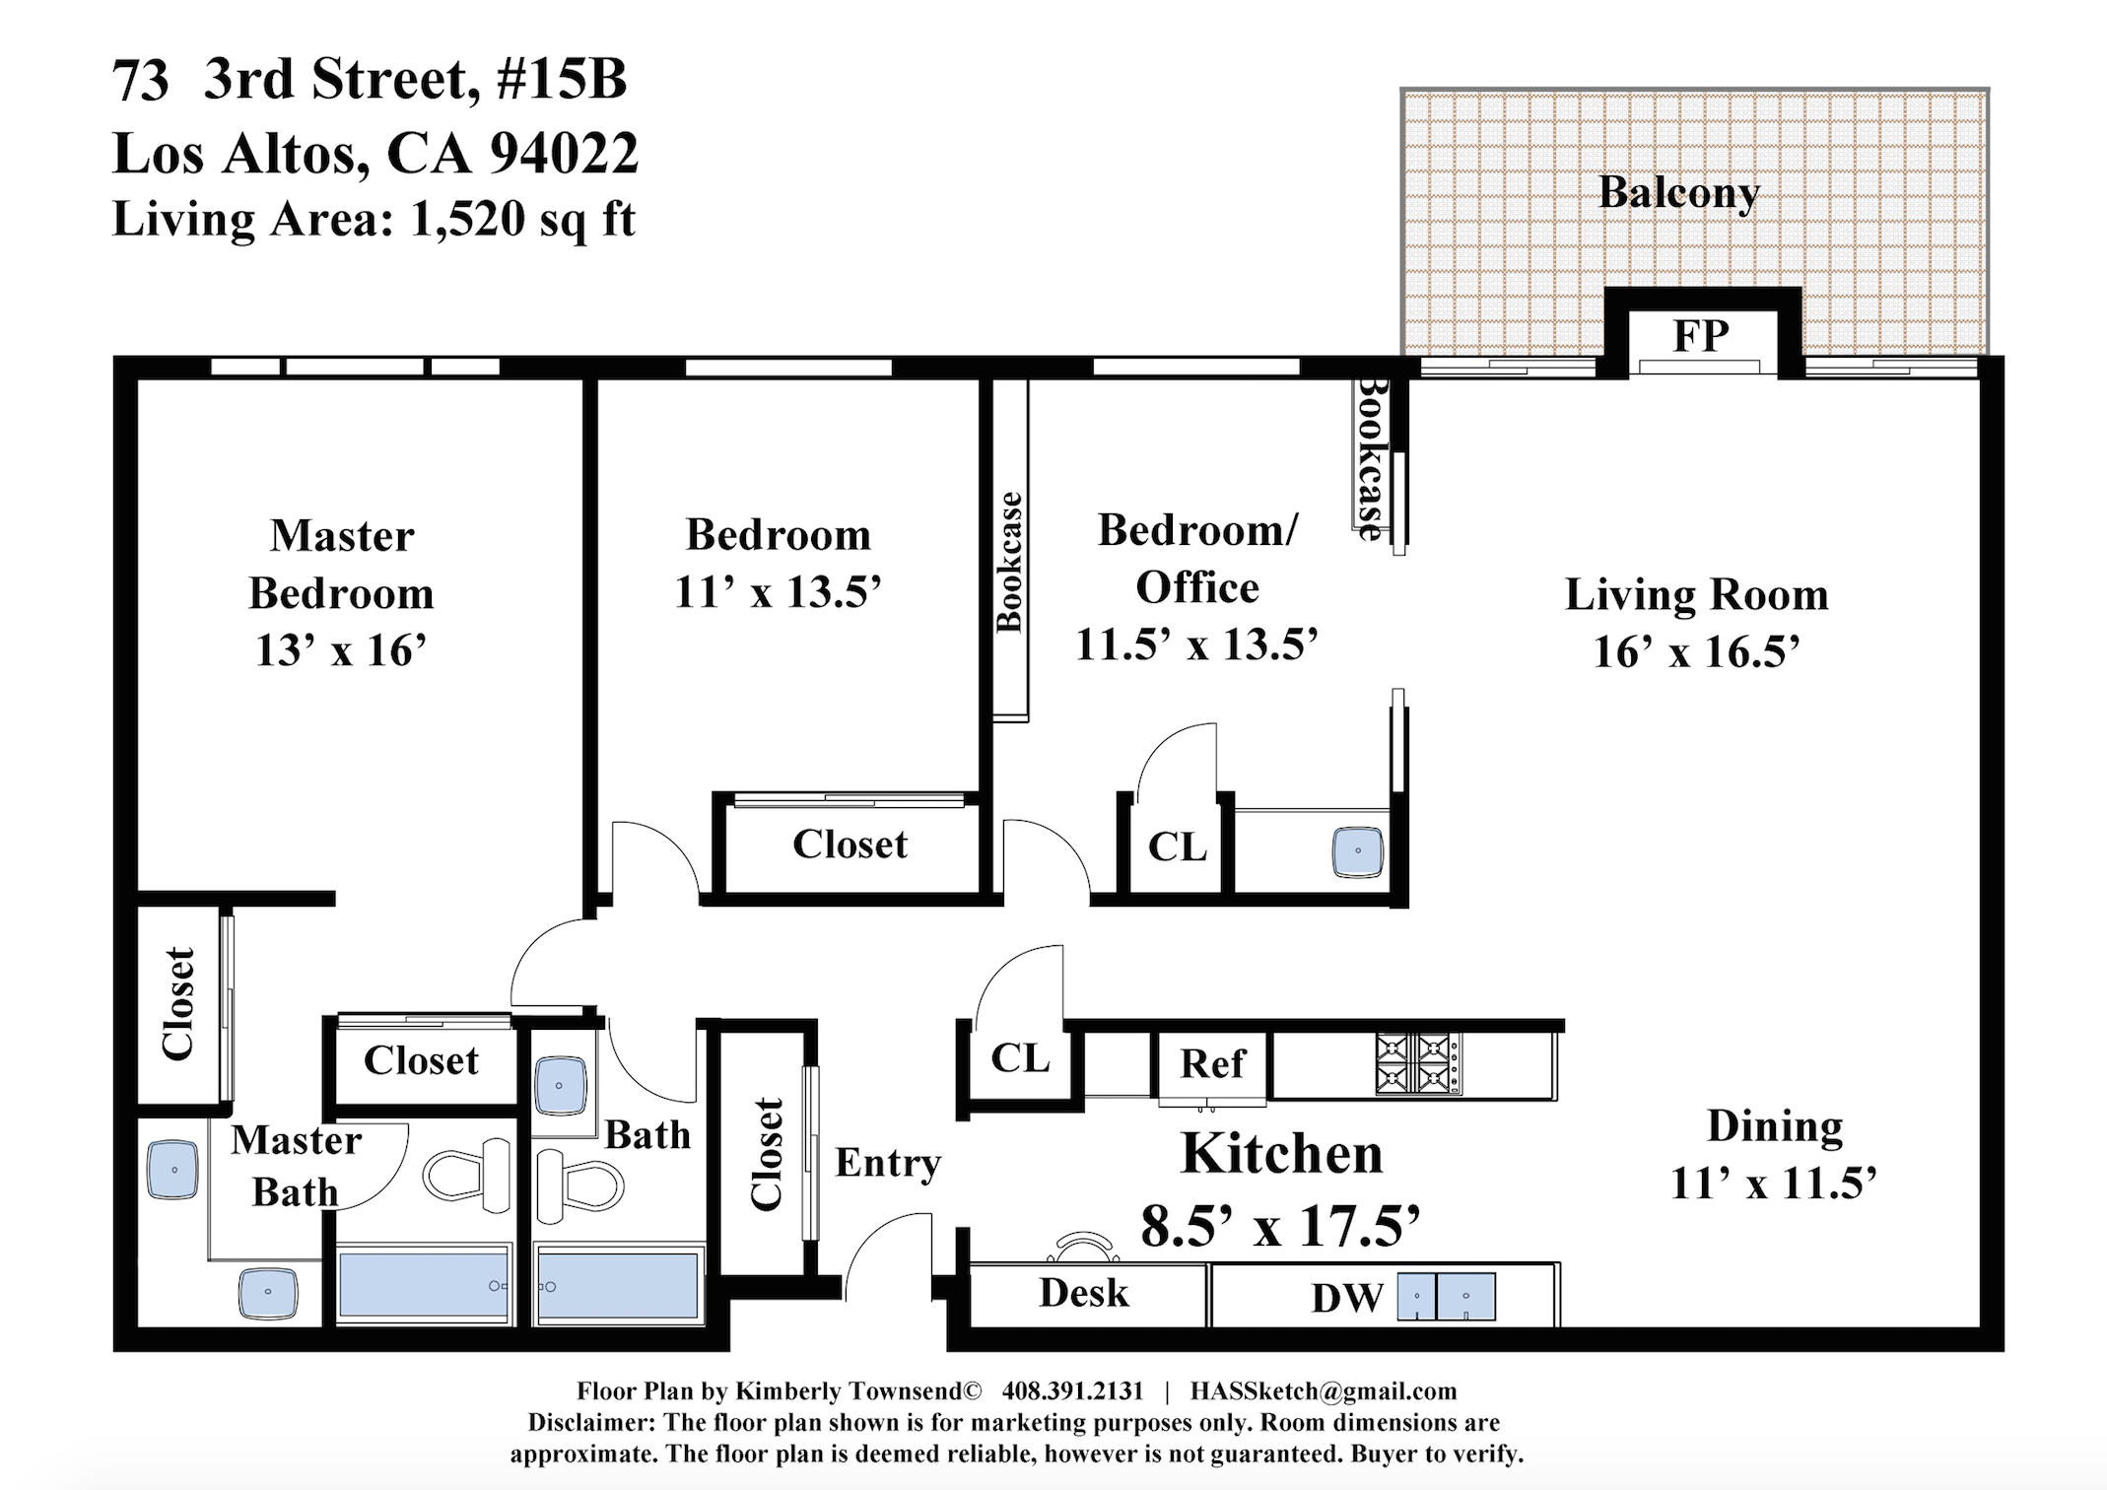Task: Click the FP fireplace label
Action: [x=1701, y=336]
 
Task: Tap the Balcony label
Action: [x=1678, y=193]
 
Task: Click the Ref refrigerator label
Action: [x=1213, y=1063]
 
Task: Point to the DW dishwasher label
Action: [x=1347, y=1298]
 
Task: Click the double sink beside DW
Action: [x=1446, y=1296]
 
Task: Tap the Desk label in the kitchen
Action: [x=1083, y=1293]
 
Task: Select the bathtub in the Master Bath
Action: [x=425, y=1283]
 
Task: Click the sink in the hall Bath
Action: [x=560, y=1085]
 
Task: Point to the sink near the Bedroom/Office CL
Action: [x=1358, y=851]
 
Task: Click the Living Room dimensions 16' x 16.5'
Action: [x=1696, y=652]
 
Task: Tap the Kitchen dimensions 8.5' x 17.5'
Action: [x=1280, y=1227]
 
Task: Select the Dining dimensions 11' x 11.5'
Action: [x=1773, y=1183]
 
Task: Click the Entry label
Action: [x=888, y=1164]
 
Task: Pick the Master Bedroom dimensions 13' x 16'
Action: [x=341, y=650]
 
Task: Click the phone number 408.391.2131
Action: [x=1072, y=1390]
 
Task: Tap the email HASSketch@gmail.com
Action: [x=1323, y=1391]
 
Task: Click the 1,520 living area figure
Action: [x=468, y=219]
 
